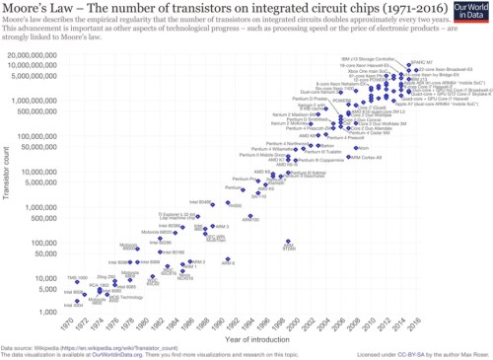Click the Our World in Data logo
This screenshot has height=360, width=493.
click(469, 12)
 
